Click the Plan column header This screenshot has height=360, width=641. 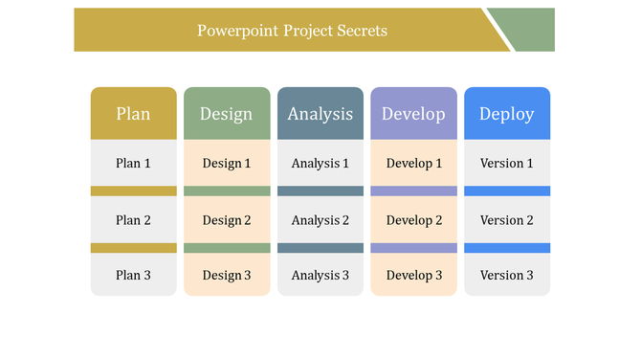[133, 114]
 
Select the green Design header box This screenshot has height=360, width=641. [226, 114]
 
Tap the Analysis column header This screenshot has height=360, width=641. [320, 114]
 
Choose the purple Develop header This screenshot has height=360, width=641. [413, 114]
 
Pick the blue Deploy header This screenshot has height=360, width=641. [506, 114]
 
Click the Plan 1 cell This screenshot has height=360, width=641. [133, 164]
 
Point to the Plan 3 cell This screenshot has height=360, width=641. [133, 276]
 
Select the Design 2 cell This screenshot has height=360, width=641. [226, 220]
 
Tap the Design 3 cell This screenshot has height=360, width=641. [226, 276]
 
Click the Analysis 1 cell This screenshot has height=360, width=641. [320, 164]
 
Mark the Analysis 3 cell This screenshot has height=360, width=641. [320, 276]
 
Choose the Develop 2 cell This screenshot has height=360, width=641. [413, 220]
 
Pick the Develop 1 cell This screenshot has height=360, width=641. [413, 164]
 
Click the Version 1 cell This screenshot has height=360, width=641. [506, 164]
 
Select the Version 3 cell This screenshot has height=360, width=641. [506, 276]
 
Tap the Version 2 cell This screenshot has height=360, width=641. [506, 220]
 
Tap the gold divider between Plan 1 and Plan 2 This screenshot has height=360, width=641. [133, 191]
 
